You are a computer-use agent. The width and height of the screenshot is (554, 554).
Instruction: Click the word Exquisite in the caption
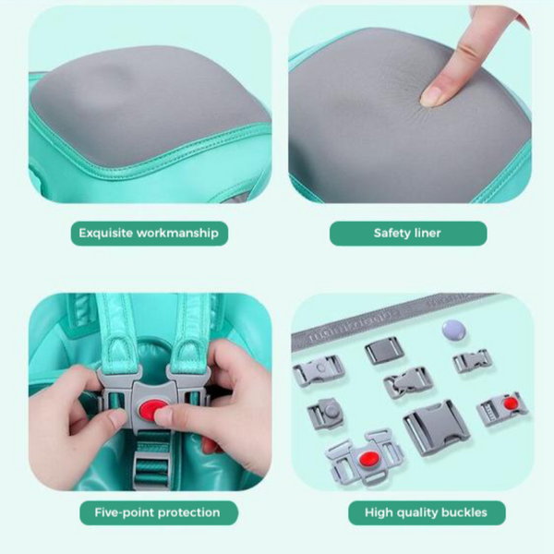pos(105,234)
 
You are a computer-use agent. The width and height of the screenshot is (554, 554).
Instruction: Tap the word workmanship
pos(177,234)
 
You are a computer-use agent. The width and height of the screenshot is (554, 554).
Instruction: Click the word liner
pos(428,234)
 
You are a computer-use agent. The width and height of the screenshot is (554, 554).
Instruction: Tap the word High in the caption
pos(379,512)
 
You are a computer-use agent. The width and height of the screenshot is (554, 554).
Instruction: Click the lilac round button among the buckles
pos(453,331)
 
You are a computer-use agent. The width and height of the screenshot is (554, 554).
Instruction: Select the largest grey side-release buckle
pos(436,428)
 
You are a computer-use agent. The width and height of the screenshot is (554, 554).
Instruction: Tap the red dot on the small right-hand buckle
pos(511,403)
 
